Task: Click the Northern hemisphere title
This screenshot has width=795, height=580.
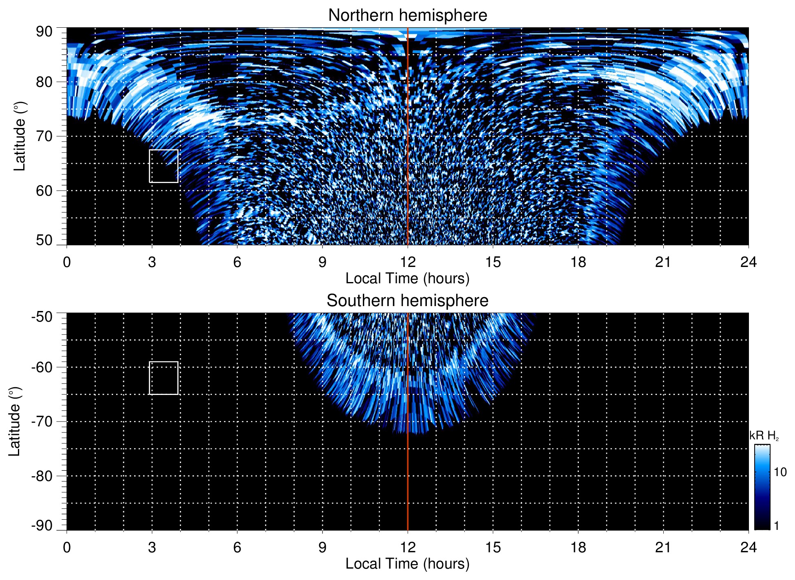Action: coord(407,15)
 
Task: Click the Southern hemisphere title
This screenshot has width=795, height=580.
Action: coord(407,301)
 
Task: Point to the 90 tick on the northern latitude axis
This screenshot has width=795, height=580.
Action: coord(44,32)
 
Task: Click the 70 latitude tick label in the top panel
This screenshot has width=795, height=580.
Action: coord(44,137)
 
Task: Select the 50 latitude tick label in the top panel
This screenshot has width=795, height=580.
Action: coord(44,240)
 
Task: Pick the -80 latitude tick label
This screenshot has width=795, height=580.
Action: coord(42,476)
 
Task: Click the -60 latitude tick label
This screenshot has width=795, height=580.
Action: coord(42,367)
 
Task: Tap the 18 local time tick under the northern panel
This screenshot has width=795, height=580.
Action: coord(578,262)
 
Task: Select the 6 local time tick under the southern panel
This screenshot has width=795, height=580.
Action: coord(237,547)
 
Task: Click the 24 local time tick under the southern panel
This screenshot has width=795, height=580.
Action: coord(748,547)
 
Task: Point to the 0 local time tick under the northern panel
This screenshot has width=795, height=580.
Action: coord(67,262)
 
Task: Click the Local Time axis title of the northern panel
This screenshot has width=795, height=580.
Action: coord(407,279)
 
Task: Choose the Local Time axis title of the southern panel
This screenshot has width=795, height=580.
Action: coord(407,564)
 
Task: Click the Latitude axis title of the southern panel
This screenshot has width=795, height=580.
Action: coord(14,421)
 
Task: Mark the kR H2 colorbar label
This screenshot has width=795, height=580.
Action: coord(764,436)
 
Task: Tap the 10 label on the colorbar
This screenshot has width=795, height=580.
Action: coord(780,472)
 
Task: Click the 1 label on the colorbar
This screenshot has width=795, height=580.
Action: coord(776,526)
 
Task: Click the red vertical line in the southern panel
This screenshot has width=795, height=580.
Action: coord(408,469)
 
